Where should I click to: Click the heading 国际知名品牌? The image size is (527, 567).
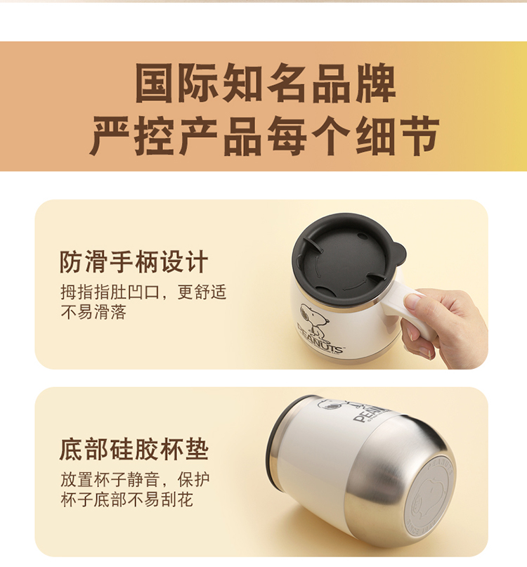pos(266,83)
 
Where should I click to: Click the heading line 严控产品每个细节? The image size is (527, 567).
pos(264,136)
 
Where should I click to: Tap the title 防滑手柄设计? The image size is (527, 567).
pos(134,262)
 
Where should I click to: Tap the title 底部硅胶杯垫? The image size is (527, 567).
pos(134,449)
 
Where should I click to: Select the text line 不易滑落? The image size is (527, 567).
pos(93,312)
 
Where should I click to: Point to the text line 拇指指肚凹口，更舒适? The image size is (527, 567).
pos(143,292)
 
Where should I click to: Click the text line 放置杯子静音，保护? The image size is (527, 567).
pos(135,479)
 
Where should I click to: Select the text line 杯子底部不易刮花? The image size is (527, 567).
pos(126,500)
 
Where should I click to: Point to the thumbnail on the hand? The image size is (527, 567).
pos(412,301)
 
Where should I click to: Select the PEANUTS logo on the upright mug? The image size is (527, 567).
pos(320,339)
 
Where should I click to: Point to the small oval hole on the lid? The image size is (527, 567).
pos(362,236)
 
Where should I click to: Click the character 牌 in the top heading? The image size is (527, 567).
pos(376,83)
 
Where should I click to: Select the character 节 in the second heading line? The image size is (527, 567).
pos(419,136)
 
